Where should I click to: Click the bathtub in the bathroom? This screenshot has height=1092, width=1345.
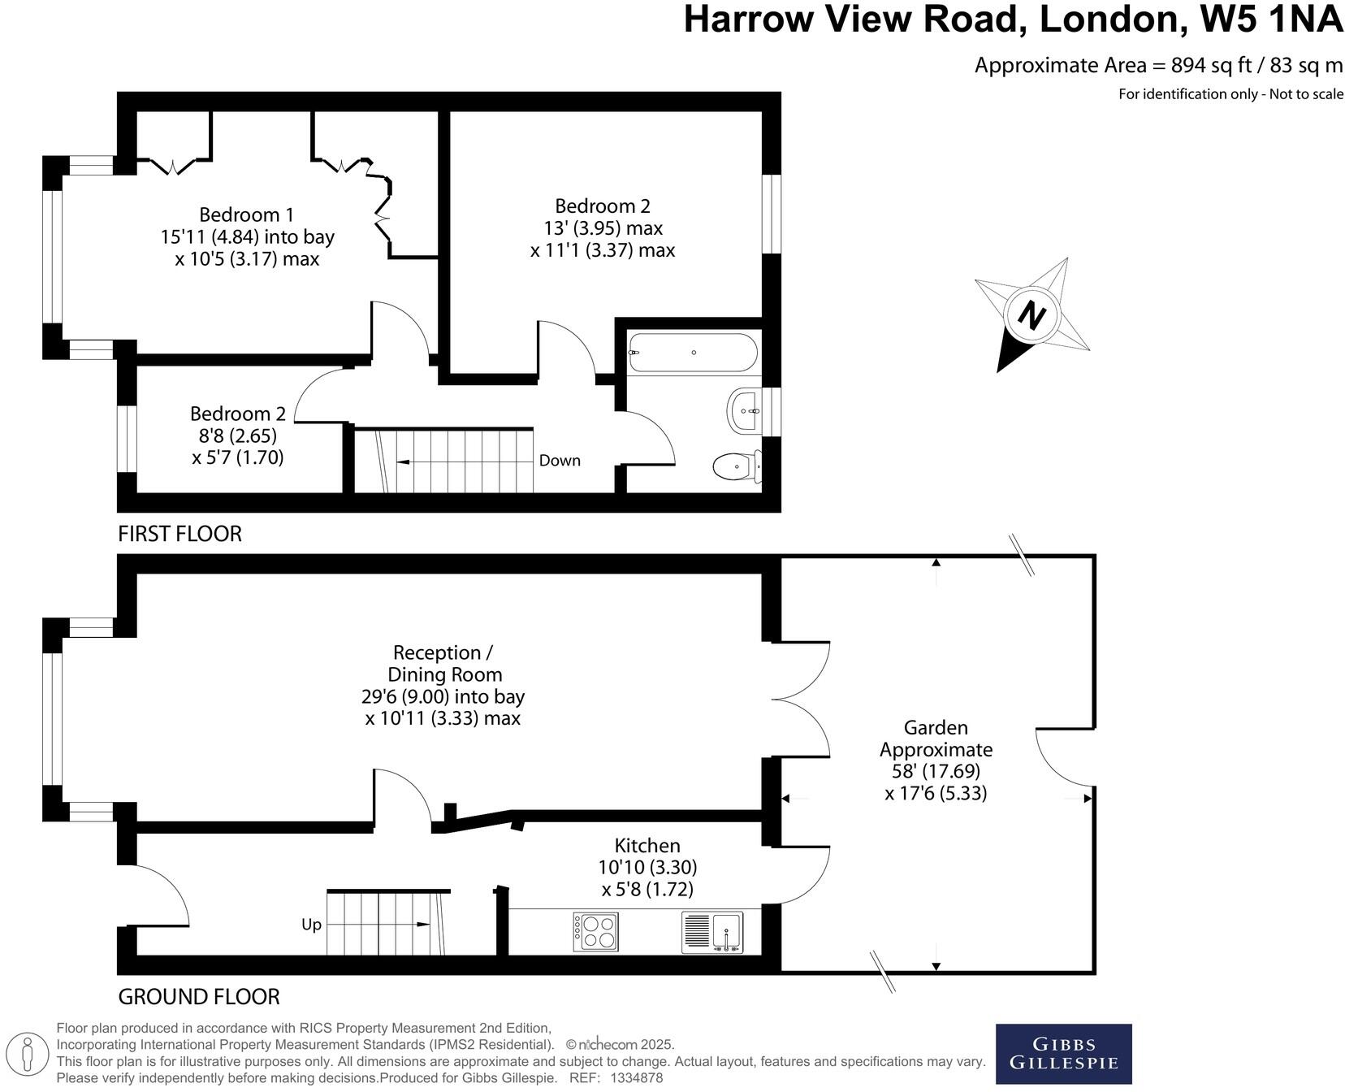click(693, 353)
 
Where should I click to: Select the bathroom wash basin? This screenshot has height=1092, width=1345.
click(746, 410)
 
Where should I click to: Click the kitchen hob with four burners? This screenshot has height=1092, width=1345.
click(596, 932)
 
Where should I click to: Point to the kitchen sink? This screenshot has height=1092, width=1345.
click(712, 933)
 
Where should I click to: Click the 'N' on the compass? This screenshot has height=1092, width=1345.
click(1031, 315)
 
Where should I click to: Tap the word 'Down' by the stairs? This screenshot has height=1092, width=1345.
click(560, 461)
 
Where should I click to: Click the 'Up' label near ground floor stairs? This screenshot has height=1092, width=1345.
click(311, 925)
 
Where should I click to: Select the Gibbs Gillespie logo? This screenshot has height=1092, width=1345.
click(1063, 1054)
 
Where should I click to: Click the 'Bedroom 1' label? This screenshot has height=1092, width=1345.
click(246, 214)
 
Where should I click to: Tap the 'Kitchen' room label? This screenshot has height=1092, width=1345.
click(647, 845)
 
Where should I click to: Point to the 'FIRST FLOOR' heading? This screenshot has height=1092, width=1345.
click(179, 534)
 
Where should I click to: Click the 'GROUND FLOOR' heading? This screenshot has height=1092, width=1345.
click(199, 997)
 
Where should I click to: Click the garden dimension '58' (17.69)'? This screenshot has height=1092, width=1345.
click(936, 770)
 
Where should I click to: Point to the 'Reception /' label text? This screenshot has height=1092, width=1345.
click(443, 652)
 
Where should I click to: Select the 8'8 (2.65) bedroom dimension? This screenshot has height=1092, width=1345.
click(237, 435)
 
